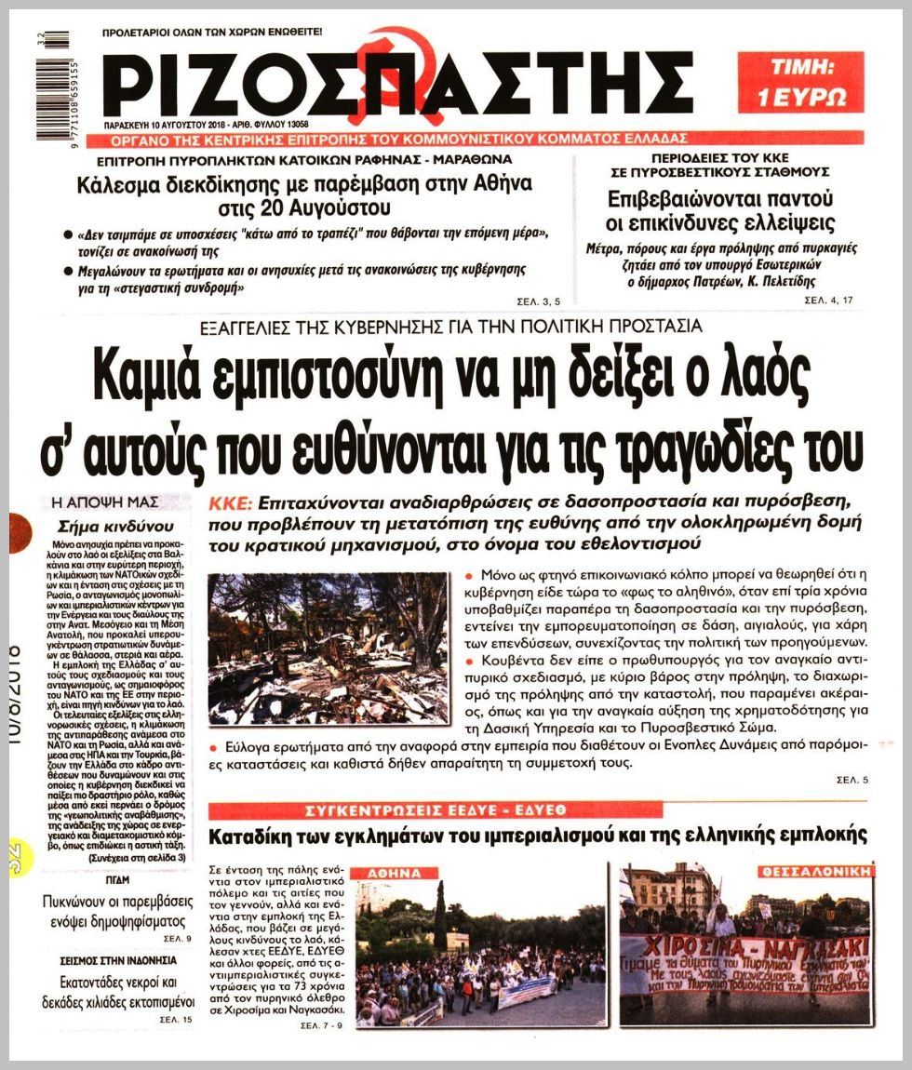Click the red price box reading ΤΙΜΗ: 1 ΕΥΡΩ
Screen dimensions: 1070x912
pos(800,82)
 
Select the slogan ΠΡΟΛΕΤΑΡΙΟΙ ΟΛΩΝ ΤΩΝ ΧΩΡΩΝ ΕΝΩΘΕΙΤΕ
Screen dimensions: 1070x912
pos(212,32)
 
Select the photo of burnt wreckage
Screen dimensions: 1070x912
pos(329,649)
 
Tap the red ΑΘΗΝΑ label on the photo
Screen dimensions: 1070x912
pos(396,874)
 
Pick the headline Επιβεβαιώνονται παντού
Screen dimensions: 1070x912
pos(719,198)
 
